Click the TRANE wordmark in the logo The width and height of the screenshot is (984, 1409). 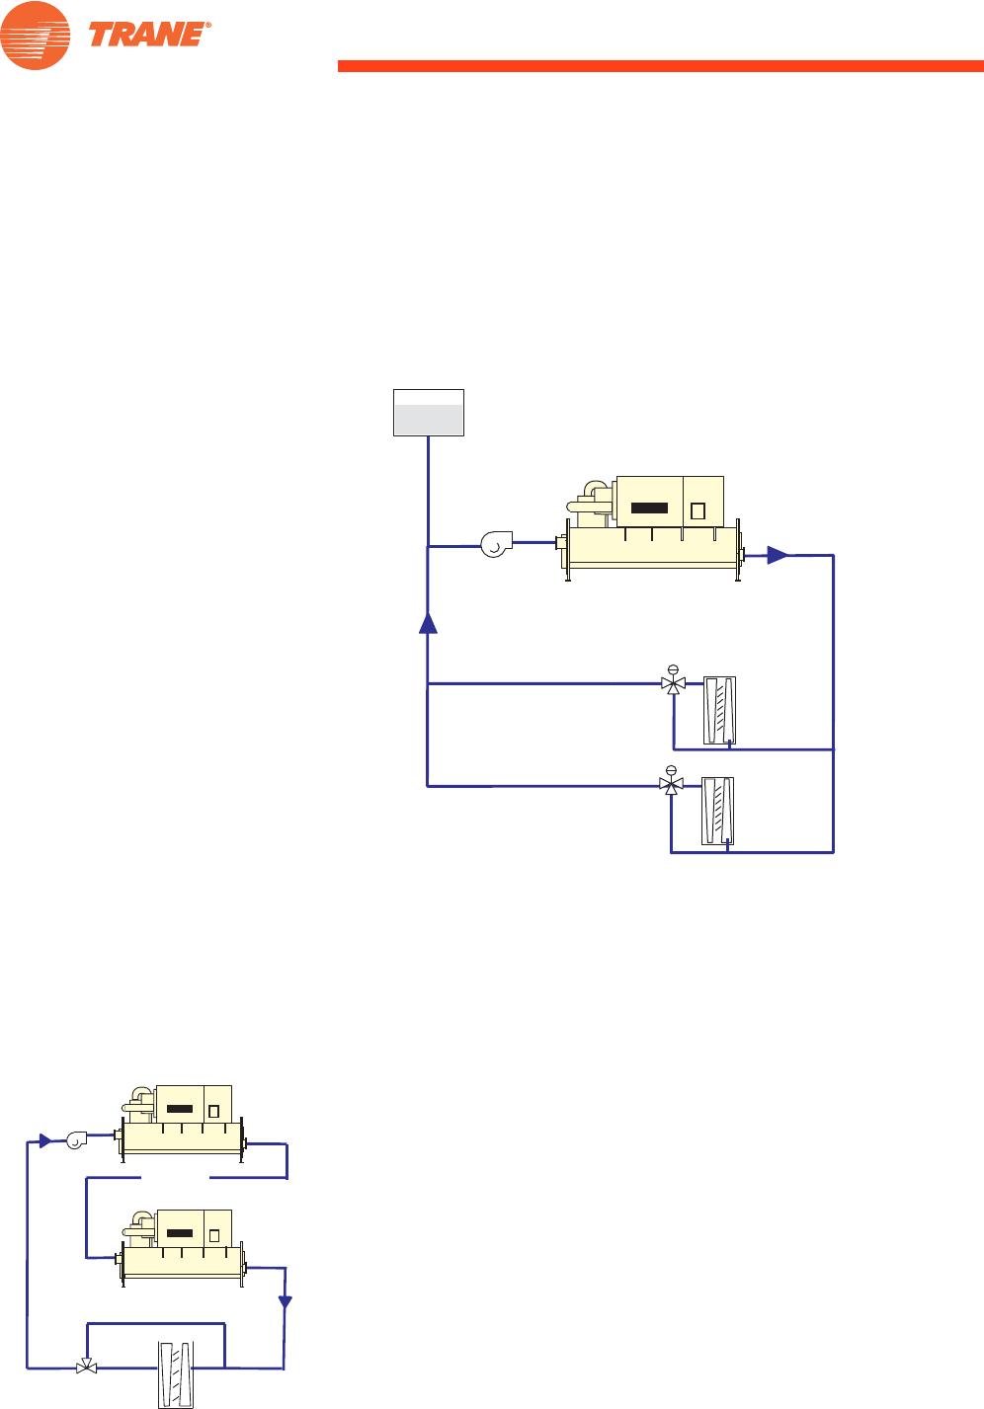tap(148, 35)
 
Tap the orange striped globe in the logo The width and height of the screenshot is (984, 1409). tap(36, 36)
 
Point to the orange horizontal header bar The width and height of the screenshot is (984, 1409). tap(660, 66)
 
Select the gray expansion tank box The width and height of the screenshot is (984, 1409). tap(429, 413)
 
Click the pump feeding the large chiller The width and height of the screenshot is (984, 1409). tap(496, 543)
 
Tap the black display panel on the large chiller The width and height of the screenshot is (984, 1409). tap(649, 509)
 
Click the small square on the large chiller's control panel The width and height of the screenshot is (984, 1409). tap(697, 510)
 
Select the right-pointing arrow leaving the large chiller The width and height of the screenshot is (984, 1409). tap(779, 556)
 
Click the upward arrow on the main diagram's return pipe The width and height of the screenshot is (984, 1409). tap(428, 623)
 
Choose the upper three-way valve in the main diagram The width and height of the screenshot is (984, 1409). tap(673, 683)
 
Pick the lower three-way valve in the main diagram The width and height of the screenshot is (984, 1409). tap(671, 786)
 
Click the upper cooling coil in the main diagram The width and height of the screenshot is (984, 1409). tap(719, 710)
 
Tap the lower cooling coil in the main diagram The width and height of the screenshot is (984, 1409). tap(718, 812)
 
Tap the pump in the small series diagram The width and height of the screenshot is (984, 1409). tap(78, 1141)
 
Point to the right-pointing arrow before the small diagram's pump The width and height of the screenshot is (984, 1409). tap(44, 1141)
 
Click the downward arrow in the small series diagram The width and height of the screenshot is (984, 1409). tap(286, 1302)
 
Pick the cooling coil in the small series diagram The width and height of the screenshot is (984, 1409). tap(178, 1373)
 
